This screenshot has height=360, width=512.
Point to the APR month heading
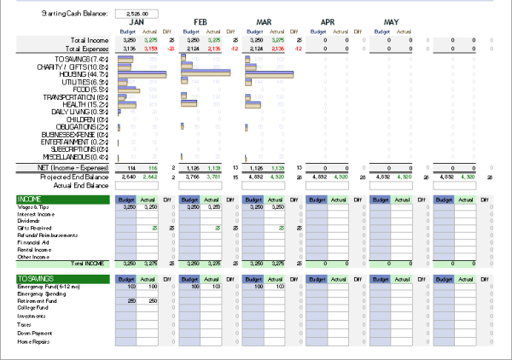[x=328, y=22]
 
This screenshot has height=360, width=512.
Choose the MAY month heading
[x=392, y=22]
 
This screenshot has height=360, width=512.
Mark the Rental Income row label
[x=33, y=249]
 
